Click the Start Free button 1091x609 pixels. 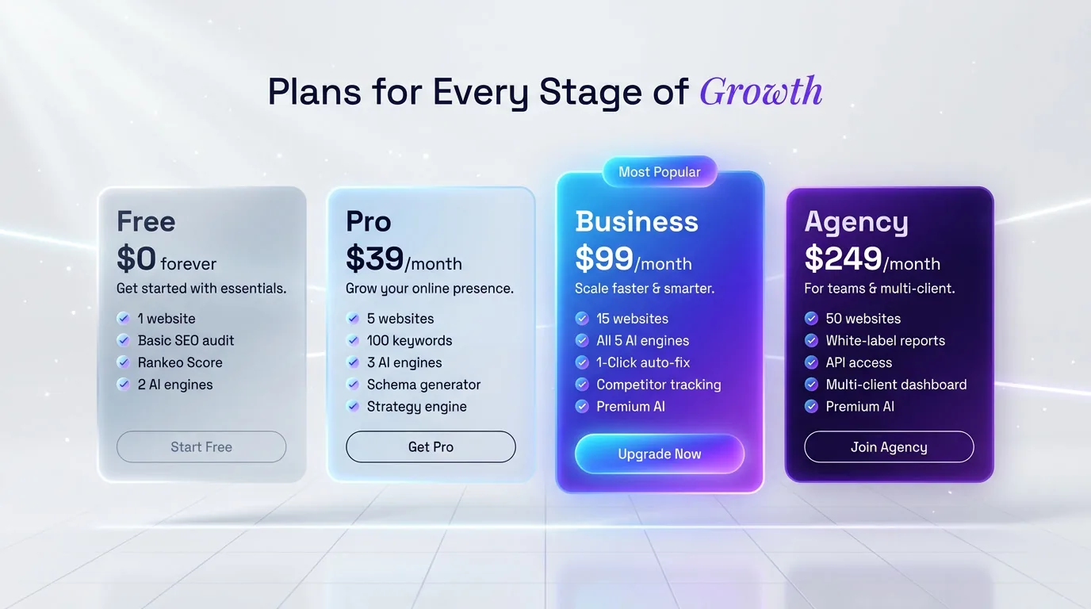[201, 447]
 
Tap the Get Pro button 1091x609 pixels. [431, 447]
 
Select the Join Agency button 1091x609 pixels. [889, 447]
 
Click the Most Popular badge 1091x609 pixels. [660, 172]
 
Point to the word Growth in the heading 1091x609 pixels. [760, 92]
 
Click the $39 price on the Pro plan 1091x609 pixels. [374, 259]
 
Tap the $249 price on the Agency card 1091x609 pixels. [843, 259]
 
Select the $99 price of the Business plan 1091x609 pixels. [604, 259]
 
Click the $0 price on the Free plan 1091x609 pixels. [136, 259]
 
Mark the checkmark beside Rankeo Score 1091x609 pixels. [124, 362]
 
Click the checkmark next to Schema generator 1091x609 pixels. [353, 385]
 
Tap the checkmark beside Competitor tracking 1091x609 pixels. [582, 385]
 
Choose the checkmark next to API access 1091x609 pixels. [811, 362]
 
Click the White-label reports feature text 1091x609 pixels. [885, 341]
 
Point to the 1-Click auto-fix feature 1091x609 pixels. [643, 362]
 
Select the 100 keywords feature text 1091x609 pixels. [409, 341]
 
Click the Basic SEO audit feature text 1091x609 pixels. [186, 341]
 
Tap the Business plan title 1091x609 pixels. [637, 222]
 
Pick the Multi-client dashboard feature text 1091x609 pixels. [896, 385]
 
